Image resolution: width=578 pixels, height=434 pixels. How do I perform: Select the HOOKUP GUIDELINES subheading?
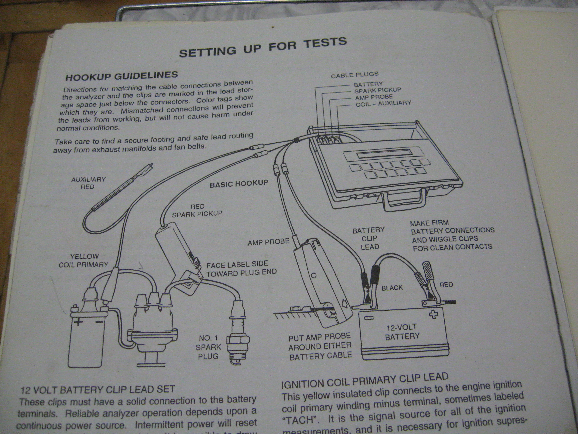(x=122, y=76)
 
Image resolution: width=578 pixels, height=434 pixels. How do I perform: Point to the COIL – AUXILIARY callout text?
(x=383, y=104)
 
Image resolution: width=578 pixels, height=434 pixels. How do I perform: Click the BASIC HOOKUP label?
(x=239, y=184)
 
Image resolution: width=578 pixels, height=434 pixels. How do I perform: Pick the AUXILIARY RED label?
(x=88, y=183)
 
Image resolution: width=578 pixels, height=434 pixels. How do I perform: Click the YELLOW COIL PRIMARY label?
(x=83, y=261)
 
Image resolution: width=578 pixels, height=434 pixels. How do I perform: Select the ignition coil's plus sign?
(x=78, y=322)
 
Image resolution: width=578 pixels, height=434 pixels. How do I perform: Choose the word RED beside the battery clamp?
(x=446, y=285)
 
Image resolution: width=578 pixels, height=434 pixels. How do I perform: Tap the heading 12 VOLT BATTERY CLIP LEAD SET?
(x=97, y=390)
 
